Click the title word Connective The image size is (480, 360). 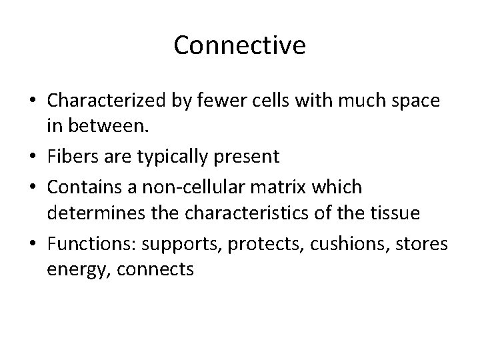(x=240, y=45)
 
